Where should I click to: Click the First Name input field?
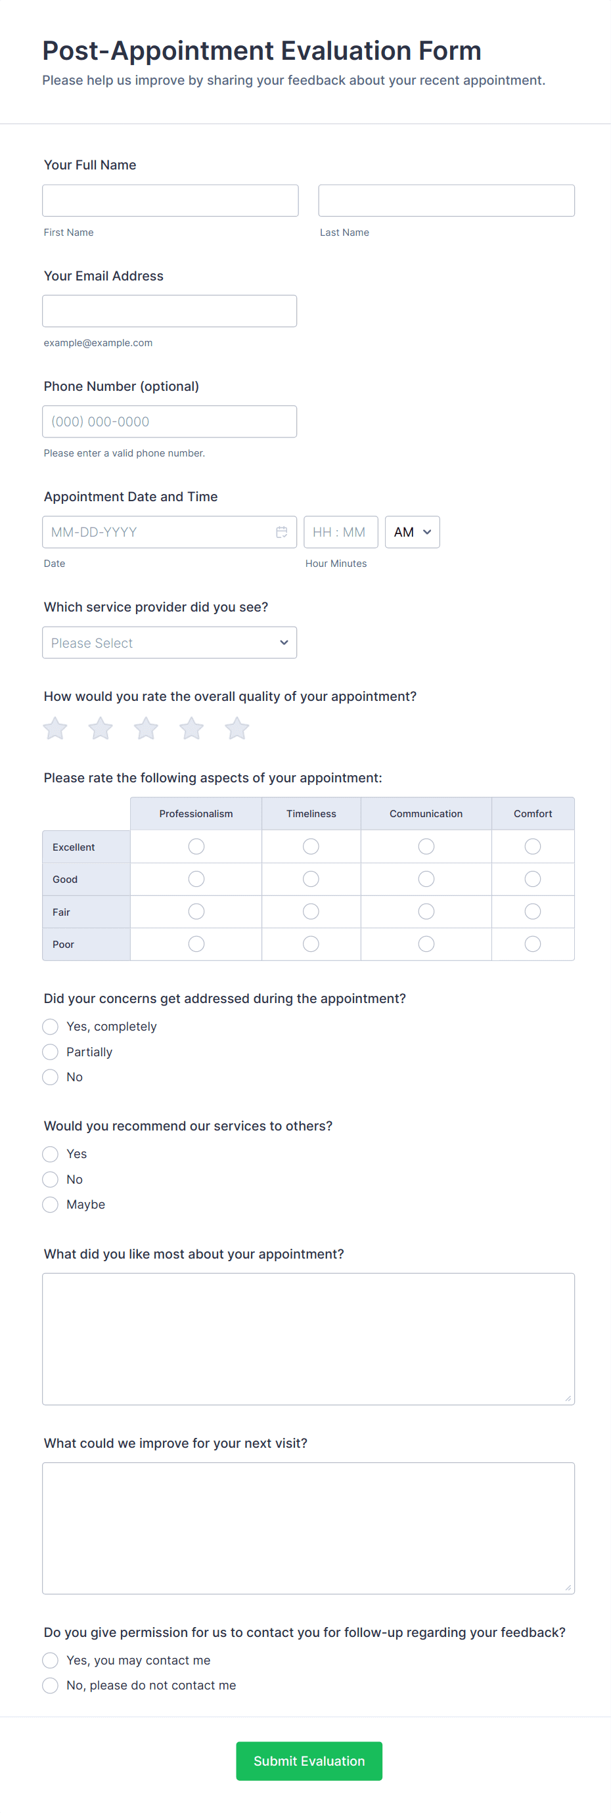tap(170, 200)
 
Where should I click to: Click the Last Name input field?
tap(445, 200)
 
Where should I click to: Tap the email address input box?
tap(169, 311)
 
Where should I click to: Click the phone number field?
tap(169, 422)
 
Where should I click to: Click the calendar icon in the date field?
tap(282, 532)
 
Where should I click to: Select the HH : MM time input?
tap(340, 532)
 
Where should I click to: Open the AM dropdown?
tap(412, 532)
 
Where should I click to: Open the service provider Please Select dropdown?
tap(169, 642)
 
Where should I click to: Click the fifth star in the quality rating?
tap(237, 728)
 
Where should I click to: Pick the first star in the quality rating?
tap(55, 728)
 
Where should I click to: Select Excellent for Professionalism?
tap(196, 846)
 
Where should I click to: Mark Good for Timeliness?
tap(311, 879)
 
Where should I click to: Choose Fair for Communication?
tap(426, 912)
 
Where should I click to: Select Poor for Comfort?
tap(533, 944)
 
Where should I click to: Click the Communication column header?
tap(426, 814)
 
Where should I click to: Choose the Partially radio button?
tap(50, 1052)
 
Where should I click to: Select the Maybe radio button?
tap(50, 1204)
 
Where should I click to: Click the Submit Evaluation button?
tap(309, 1761)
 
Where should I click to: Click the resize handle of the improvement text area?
tap(568, 1588)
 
